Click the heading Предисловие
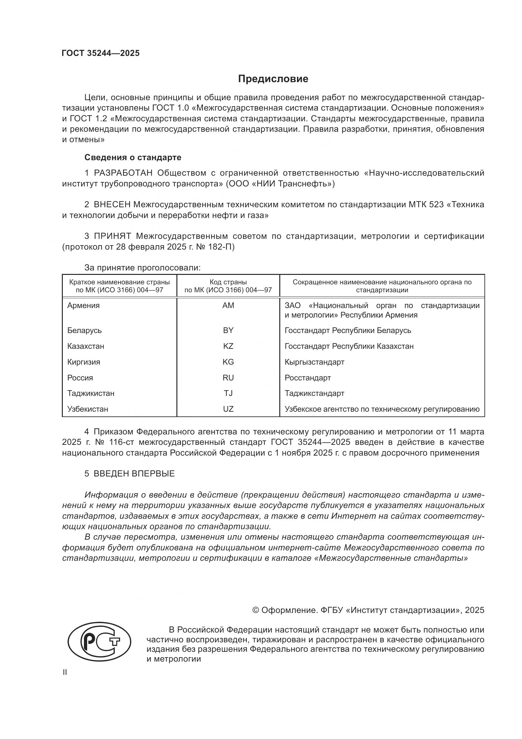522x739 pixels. tap(273, 79)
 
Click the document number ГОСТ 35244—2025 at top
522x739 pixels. tap(101, 53)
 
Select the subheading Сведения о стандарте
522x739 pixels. tap(133, 157)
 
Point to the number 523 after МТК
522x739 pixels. tap(436, 205)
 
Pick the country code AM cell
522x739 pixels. tap(228, 306)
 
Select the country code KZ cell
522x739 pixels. tap(228, 346)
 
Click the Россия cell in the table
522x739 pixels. tap(80, 378)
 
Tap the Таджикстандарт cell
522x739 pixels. tap(314, 393)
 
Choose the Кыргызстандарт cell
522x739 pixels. tap(314, 362)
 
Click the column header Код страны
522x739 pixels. tap(228, 282)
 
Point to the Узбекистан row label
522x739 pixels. tap(88, 409)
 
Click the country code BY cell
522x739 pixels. tap(228, 330)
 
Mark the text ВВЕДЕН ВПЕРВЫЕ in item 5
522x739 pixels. tap(134, 474)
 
